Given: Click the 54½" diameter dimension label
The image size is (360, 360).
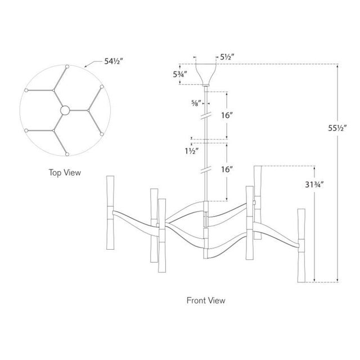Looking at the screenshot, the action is click(x=114, y=61).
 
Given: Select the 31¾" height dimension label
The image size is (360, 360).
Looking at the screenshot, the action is click(x=314, y=184).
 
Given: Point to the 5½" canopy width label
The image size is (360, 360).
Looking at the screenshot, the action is click(x=227, y=57).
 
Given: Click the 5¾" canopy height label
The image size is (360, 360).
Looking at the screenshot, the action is click(x=180, y=74).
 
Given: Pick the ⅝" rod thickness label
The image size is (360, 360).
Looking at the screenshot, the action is click(x=197, y=103).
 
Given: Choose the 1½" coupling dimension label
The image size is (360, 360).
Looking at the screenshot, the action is click(x=192, y=151).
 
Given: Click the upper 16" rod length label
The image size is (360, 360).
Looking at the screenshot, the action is click(x=227, y=115).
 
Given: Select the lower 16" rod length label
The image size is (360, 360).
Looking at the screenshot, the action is click(x=227, y=169).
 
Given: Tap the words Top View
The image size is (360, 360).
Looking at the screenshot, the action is click(x=65, y=173).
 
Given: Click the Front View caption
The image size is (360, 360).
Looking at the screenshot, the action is click(x=206, y=300).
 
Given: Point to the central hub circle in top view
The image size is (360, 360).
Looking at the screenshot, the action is click(x=65, y=110).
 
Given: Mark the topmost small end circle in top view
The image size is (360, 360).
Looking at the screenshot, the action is click(x=67, y=66).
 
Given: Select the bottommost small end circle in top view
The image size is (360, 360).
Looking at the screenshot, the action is click(x=67, y=154).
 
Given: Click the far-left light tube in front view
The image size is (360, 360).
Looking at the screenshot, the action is click(x=110, y=213).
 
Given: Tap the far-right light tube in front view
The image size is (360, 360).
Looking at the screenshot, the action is click(x=301, y=245).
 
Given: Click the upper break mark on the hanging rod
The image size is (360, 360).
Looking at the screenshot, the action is click(x=206, y=116).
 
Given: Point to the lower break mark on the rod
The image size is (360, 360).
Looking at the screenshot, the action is click(x=206, y=170).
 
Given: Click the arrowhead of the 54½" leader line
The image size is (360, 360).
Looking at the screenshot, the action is click(x=85, y=66).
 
